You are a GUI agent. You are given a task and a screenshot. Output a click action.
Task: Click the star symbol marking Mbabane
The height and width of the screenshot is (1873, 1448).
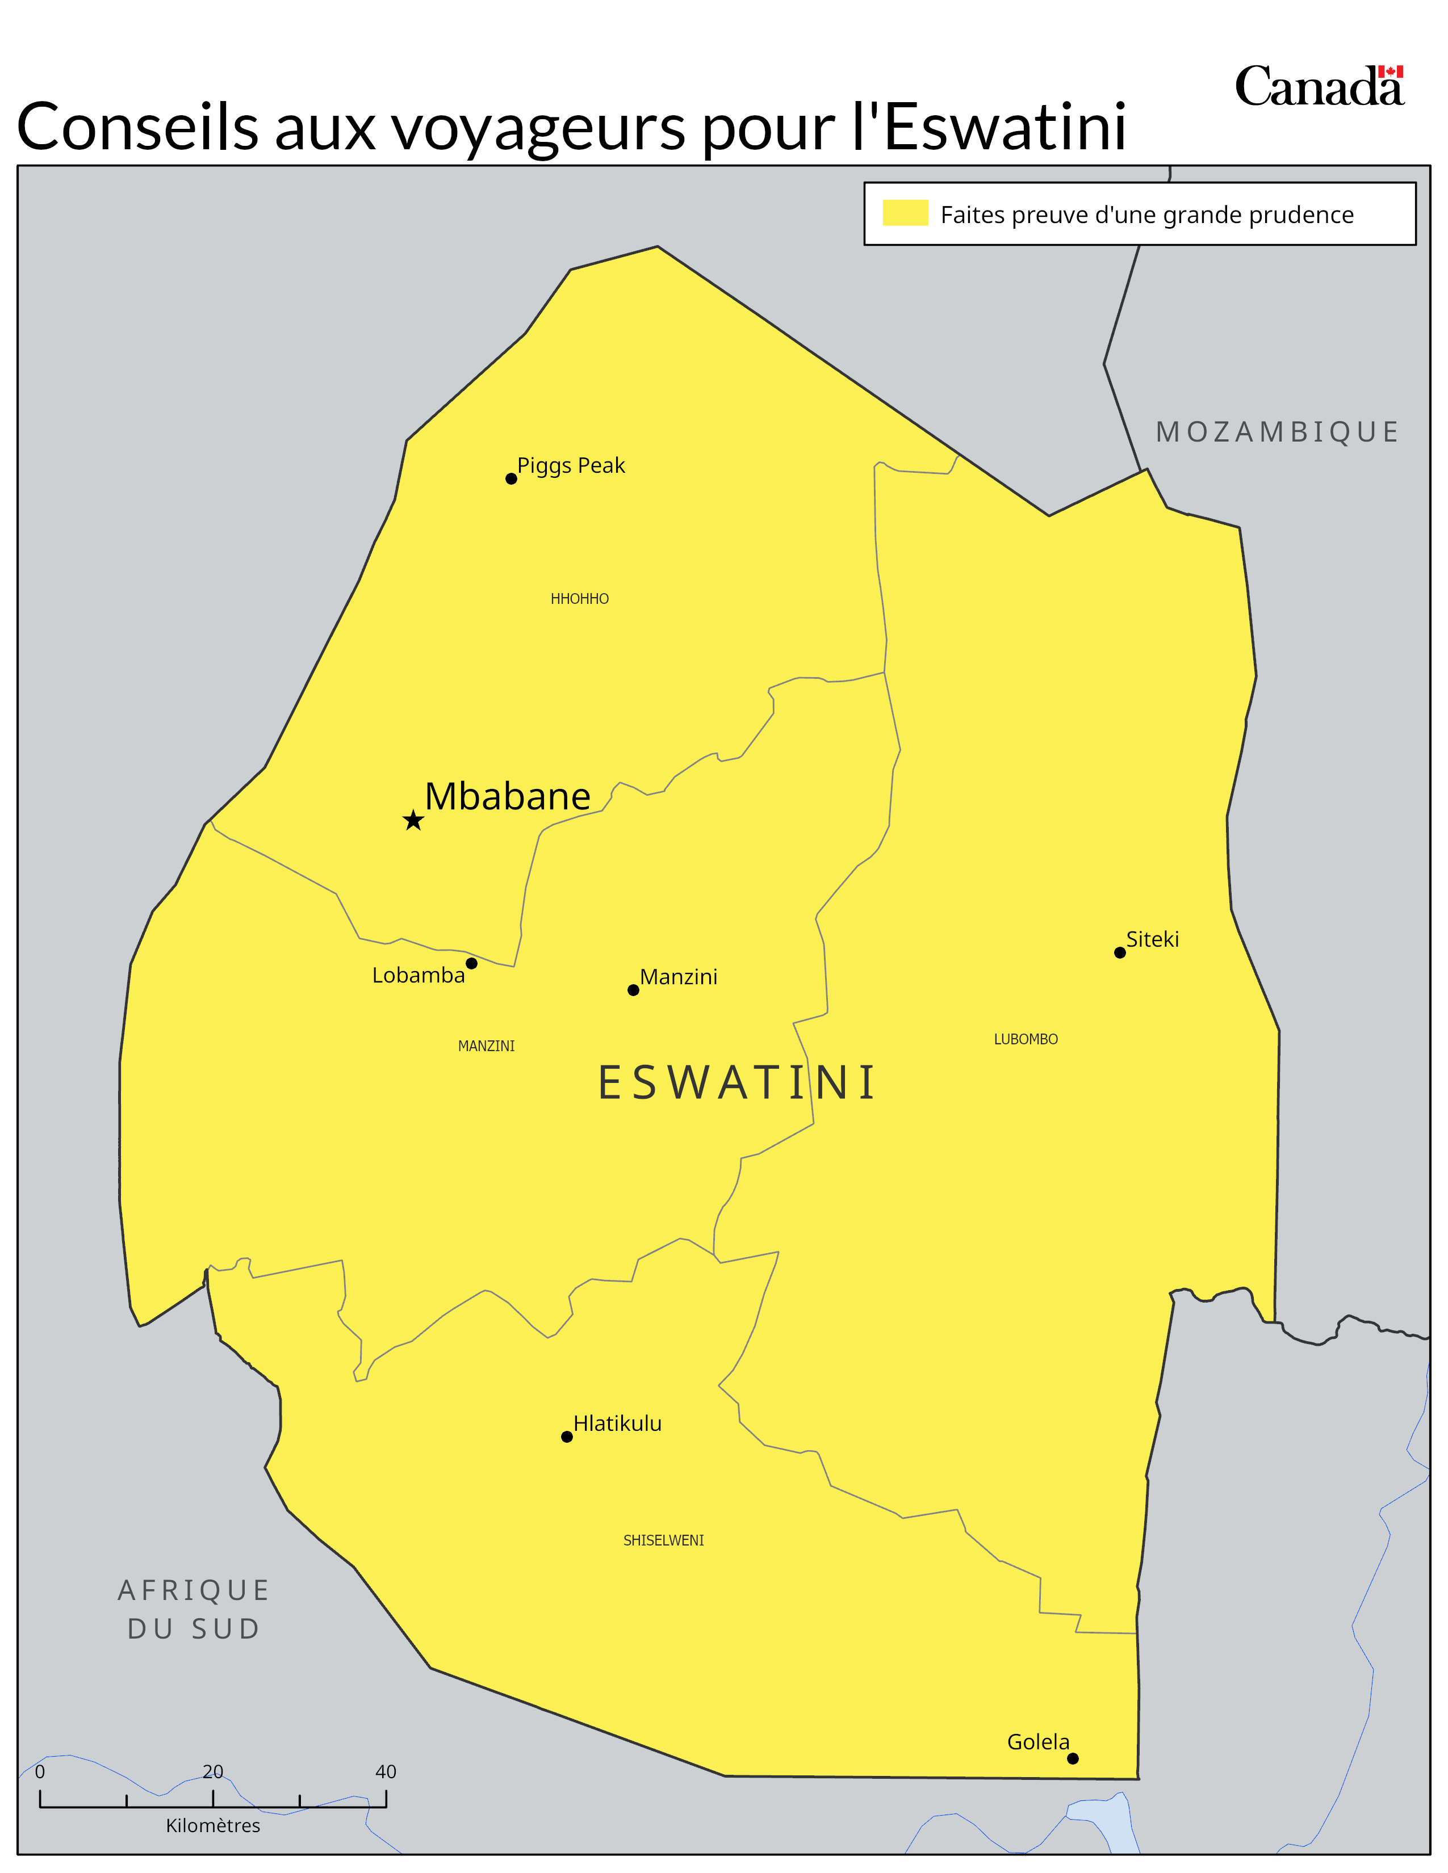pyautogui.click(x=413, y=821)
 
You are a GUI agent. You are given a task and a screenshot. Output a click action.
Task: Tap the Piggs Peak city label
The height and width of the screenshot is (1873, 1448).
pyautogui.click(x=571, y=465)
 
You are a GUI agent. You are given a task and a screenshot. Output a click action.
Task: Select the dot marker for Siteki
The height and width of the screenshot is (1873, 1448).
pyautogui.click(x=1119, y=953)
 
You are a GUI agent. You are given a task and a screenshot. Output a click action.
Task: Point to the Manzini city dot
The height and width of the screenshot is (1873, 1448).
pyautogui.click(x=633, y=990)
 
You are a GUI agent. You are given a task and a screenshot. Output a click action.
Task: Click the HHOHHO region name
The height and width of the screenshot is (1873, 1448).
pyautogui.click(x=580, y=599)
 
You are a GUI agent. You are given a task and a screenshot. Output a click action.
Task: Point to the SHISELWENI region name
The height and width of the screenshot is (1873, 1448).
pyautogui.click(x=663, y=1541)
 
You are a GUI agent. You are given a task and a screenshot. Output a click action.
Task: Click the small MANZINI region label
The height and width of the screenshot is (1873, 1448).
pyautogui.click(x=487, y=1046)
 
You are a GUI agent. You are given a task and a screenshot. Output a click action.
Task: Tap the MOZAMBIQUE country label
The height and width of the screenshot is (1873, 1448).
pyautogui.click(x=1277, y=432)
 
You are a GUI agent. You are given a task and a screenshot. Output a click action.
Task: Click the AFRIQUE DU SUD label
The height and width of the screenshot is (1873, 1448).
pyautogui.click(x=194, y=1610)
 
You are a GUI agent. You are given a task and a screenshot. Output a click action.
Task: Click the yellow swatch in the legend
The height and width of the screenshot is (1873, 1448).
pyautogui.click(x=905, y=213)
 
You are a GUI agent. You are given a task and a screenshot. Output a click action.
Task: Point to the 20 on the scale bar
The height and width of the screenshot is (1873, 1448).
pyautogui.click(x=213, y=1772)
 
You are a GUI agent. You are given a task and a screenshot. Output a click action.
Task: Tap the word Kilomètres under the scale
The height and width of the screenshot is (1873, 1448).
pyautogui.click(x=213, y=1826)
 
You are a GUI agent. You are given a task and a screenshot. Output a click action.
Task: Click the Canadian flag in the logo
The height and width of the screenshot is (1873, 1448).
pyautogui.click(x=1391, y=73)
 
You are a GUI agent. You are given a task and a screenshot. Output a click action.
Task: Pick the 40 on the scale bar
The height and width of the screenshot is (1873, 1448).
pyautogui.click(x=386, y=1772)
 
